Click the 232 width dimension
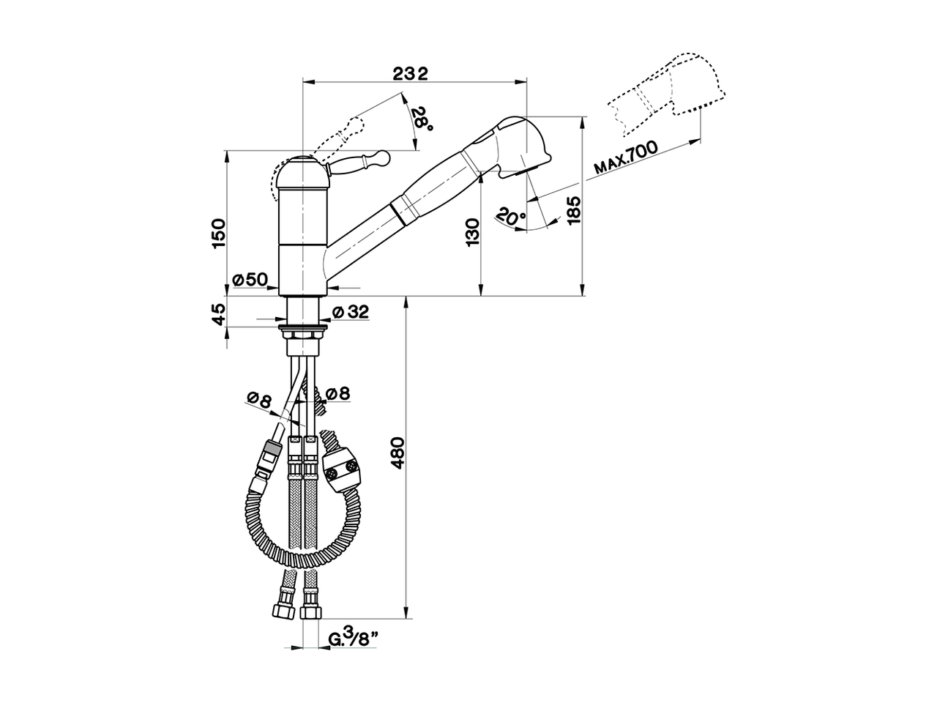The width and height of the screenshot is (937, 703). [410, 73]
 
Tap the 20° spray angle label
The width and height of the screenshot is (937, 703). [510, 215]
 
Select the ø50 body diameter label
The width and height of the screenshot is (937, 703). [250, 279]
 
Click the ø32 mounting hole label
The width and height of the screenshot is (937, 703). [350, 312]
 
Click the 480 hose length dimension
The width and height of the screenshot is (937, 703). [398, 454]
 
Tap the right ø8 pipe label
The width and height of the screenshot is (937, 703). [337, 394]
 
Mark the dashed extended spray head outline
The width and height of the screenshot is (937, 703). [670, 92]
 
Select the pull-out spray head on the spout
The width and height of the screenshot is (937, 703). [512, 146]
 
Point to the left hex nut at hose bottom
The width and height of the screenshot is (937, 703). [281, 611]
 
